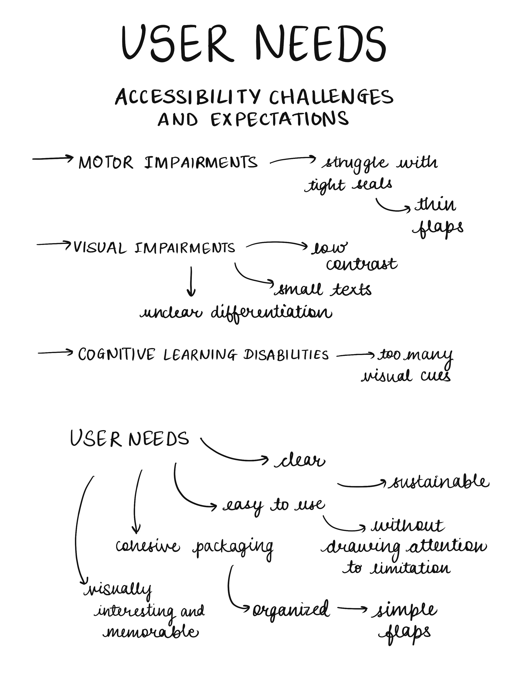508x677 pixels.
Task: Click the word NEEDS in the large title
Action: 321,43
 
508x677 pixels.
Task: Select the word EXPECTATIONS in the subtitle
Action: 279,119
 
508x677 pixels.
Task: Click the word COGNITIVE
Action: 116,354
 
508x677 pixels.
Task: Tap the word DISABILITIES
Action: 286,355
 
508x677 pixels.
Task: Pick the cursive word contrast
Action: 361,264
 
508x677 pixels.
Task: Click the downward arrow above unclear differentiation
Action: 191,281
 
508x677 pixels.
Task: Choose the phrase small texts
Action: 323,289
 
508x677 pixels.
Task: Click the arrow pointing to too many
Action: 355,355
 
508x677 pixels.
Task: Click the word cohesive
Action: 148,546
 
